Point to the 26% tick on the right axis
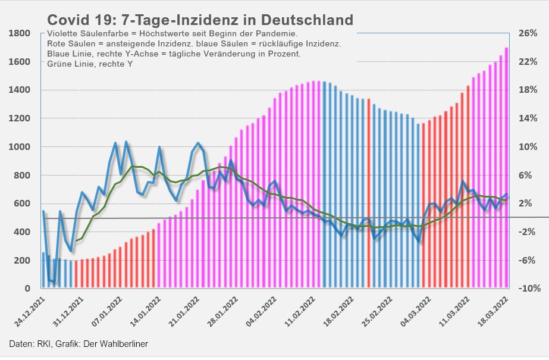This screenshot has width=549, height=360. point(529,33)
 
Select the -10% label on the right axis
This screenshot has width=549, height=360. point(528,289)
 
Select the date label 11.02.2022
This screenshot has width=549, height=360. point(301,312)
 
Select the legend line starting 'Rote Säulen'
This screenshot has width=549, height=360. point(193,44)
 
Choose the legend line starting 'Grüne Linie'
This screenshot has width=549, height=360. point(89,63)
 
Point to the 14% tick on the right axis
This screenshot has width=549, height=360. point(529,118)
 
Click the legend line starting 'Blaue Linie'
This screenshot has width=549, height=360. point(174,54)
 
